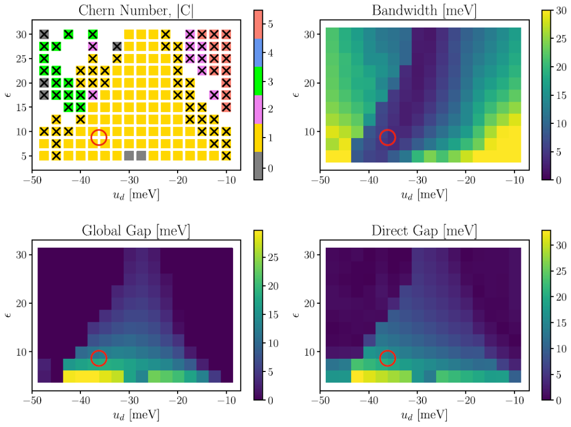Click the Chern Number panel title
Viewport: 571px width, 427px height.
(x=134, y=10)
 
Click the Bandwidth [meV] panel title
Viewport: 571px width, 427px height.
(x=423, y=10)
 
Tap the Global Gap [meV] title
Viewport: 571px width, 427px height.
(x=136, y=231)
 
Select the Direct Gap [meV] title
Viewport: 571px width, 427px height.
(x=423, y=231)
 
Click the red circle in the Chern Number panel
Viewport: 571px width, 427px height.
(x=99, y=137)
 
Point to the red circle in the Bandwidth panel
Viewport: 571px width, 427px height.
(x=388, y=137)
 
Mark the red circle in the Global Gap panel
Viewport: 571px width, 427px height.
(x=99, y=358)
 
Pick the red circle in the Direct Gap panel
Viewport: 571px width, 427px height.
(x=388, y=358)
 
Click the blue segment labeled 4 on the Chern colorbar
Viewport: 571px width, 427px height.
(x=258, y=52)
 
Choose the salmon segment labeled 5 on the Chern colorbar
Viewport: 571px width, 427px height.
(x=258, y=24)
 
